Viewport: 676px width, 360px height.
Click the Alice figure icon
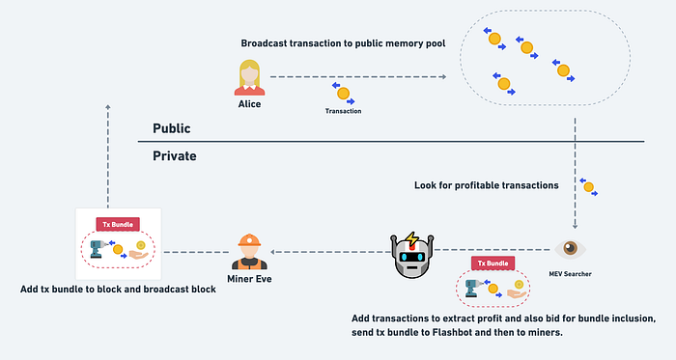point(249,77)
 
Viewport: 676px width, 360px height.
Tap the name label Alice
point(249,104)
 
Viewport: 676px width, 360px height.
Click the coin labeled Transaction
point(343,94)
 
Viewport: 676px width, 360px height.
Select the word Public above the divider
point(172,128)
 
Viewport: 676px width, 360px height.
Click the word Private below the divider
point(175,156)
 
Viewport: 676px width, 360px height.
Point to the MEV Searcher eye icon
point(570,248)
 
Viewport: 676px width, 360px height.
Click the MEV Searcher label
point(570,274)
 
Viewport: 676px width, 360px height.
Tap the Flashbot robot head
point(411,256)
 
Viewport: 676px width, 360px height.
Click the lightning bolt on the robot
point(412,239)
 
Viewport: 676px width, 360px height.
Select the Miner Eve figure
point(249,252)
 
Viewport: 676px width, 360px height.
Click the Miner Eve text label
point(249,279)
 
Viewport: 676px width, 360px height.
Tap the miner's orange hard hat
point(249,240)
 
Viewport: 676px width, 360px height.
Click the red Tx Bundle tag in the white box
point(118,224)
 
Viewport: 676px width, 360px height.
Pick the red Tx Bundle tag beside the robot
point(493,263)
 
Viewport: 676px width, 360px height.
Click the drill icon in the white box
point(98,249)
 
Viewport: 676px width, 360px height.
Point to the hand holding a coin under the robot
point(518,291)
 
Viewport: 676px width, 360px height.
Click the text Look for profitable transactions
point(487,185)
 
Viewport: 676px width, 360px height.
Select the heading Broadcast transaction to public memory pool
point(343,43)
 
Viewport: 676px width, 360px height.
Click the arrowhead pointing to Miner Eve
point(273,252)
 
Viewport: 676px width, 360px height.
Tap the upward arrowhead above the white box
point(108,107)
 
